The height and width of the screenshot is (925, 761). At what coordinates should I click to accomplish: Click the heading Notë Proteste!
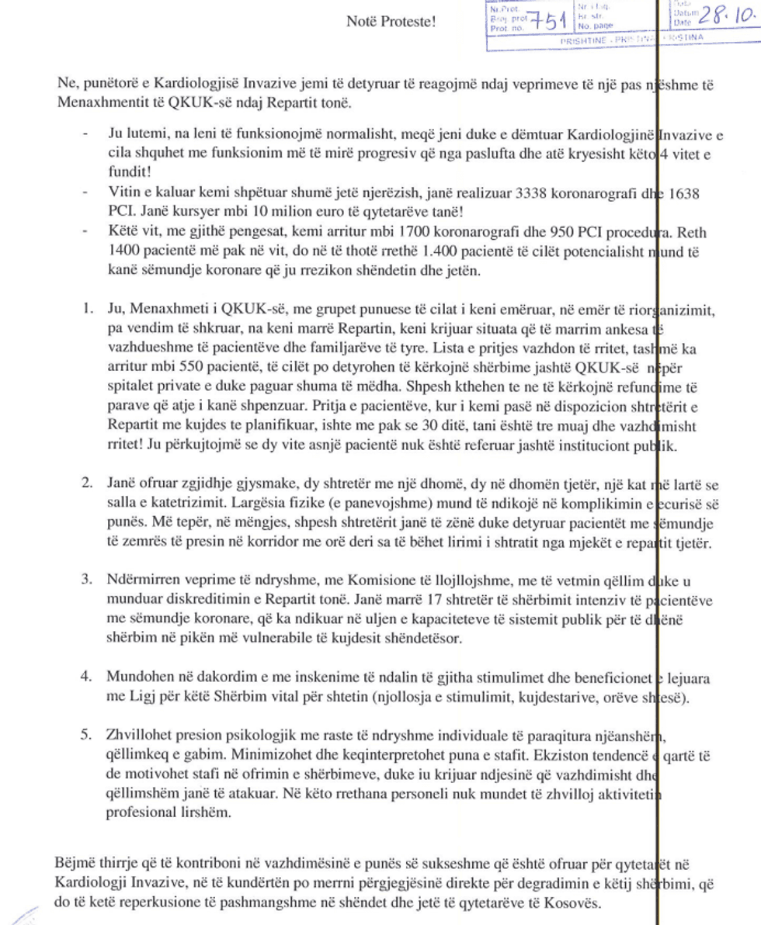point(391,21)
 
